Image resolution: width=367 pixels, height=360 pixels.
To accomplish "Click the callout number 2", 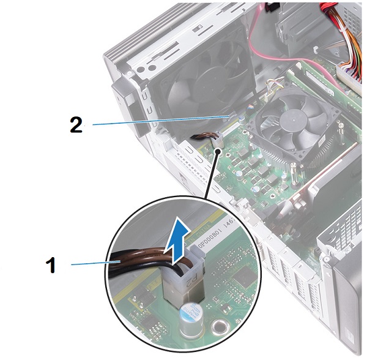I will (76, 126).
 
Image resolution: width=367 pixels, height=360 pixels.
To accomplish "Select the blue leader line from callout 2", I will (159, 120).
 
